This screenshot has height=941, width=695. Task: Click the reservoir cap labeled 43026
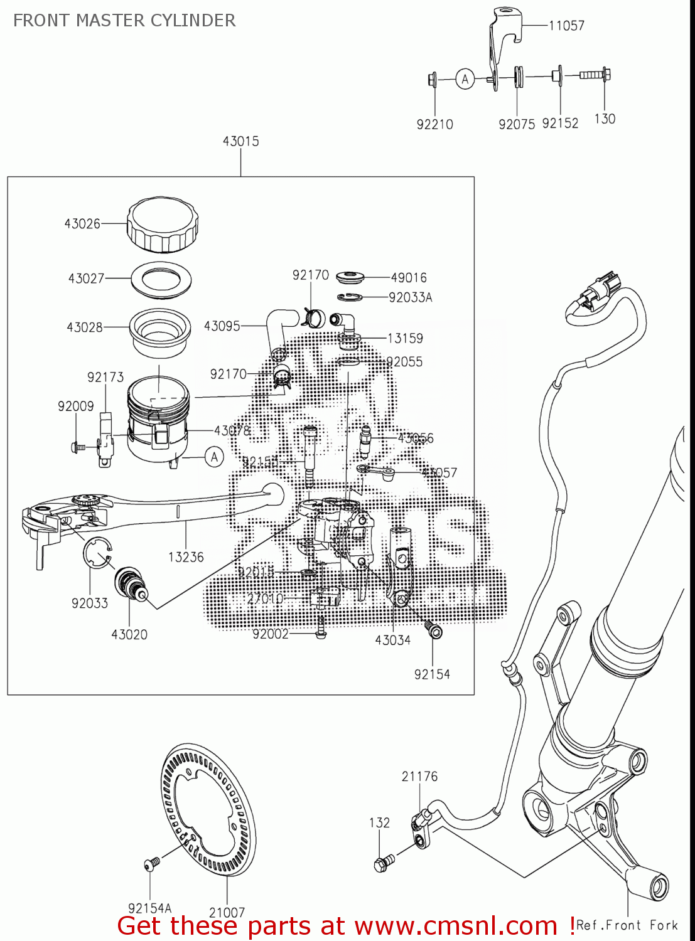pos(163,225)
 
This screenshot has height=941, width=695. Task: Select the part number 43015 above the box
pos(240,141)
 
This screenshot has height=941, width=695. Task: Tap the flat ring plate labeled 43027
pos(161,279)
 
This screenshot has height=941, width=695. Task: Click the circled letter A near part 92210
pos(465,79)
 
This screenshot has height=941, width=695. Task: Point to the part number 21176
pos(419,777)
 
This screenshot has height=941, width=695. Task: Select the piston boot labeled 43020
pos(130,582)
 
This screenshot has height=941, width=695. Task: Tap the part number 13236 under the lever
pos(186,557)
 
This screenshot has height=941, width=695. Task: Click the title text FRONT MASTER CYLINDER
pos(124,21)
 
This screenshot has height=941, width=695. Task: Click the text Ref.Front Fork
pos(627,925)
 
